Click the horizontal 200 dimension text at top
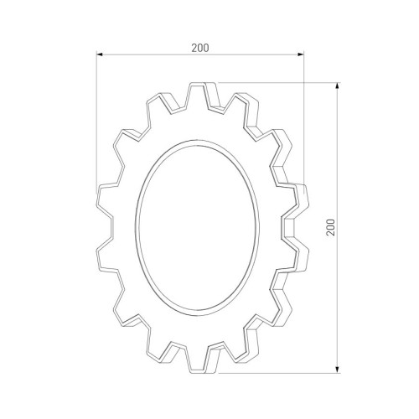199,48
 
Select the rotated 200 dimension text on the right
332,226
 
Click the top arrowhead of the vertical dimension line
338,85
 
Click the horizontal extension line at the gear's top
277,82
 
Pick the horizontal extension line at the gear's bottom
277,370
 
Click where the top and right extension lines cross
303,82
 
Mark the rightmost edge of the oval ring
263,226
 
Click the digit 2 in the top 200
194,48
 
